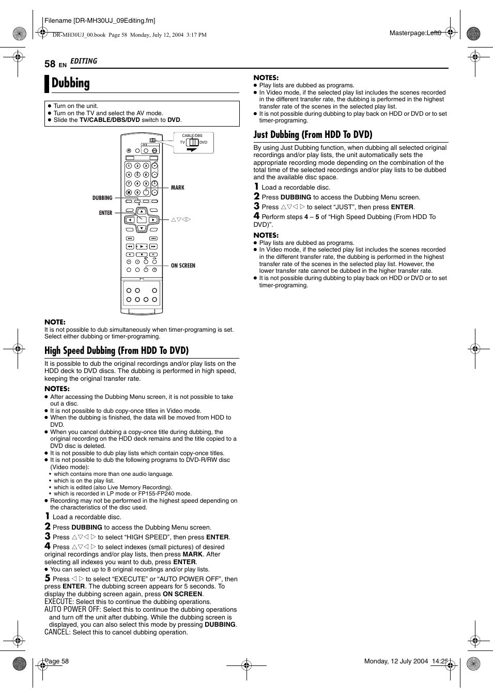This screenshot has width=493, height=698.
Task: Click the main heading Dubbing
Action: pos(71,83)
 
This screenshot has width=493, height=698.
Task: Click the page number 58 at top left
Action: pos(50,64)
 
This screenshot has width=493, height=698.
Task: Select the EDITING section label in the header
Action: pos(84,61)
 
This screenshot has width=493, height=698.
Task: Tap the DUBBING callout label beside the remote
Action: pos(102,198)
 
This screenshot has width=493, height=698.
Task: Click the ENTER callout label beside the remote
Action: pos(105,213)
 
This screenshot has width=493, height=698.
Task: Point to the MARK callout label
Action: pos(177,188)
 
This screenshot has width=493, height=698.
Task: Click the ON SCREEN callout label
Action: pos(183,266)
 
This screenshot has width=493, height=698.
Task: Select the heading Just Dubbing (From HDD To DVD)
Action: pos(313,135)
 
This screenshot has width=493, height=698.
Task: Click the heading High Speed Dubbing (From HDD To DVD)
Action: pos(116,351)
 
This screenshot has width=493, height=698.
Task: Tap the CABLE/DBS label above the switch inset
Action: pos(192,135)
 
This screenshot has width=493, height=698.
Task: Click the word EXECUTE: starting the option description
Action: pos(59,602)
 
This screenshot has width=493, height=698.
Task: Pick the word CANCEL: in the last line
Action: pos(57,632)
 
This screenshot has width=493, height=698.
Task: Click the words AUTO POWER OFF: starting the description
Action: pos(72,610)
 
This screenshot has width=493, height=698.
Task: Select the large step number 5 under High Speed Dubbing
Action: pos(48,578)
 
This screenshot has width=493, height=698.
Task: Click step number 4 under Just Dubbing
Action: pos(256,216)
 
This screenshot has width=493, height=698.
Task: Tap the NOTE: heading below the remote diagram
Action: pos(55,322)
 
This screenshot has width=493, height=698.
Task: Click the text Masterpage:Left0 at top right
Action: pos(415,33)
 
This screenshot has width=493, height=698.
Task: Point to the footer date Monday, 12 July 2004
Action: pos(396,661)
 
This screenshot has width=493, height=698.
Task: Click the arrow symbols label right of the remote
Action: pos(181,220)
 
